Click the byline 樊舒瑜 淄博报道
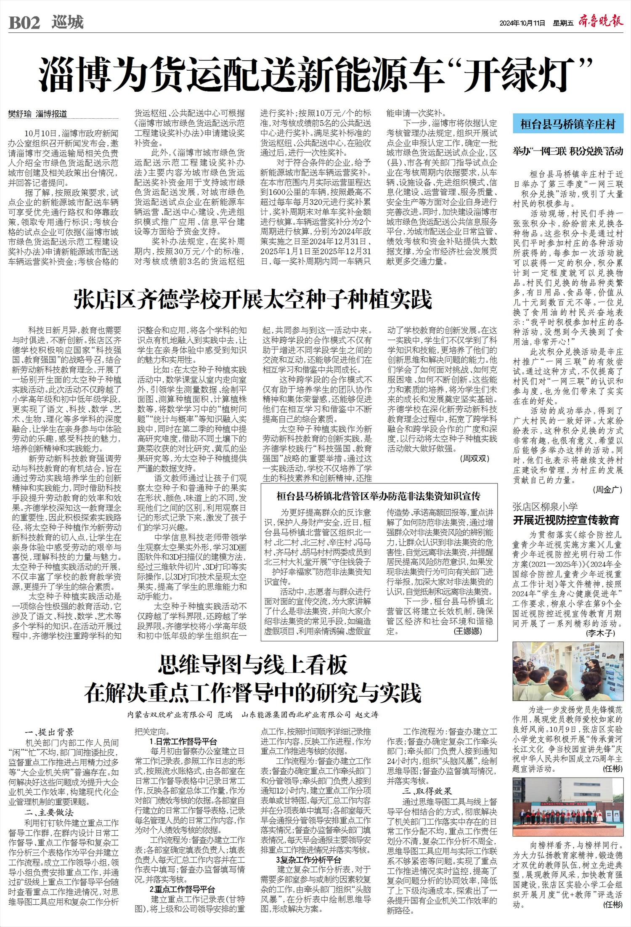37,114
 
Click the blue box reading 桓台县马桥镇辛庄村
567,124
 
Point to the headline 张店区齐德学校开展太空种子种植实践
253,300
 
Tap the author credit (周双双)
474,458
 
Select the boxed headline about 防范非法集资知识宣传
379,497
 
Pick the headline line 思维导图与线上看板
253,665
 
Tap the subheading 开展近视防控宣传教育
566,520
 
